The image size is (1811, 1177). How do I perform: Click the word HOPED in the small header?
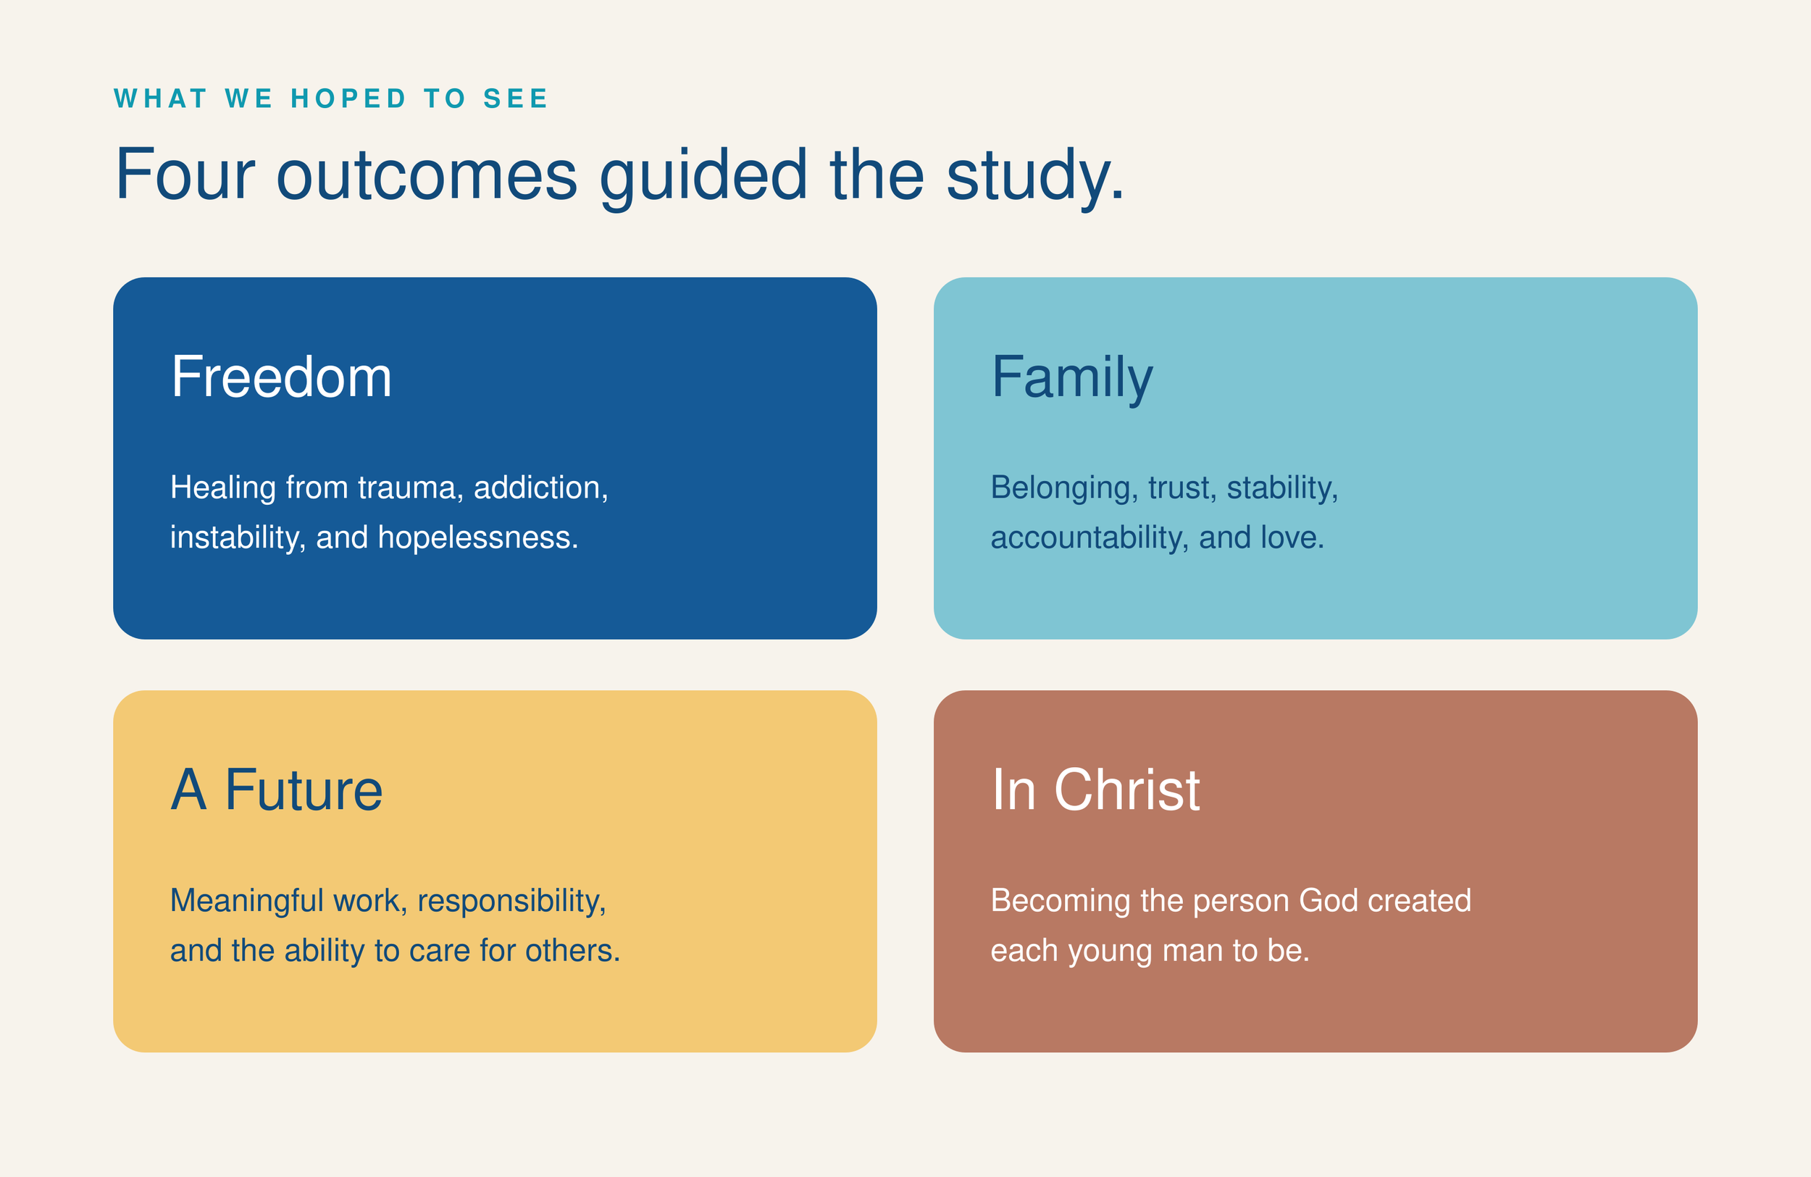pos(348,99)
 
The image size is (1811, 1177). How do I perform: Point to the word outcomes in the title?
pos(426,177)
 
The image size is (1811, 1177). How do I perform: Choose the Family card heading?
pos(1072,379)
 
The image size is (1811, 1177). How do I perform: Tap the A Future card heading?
pos(276,789)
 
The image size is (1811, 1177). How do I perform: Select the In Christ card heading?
pos(1096,789)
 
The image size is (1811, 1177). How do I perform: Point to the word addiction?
pos(541,488)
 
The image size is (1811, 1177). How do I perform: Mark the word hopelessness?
pos(478,538)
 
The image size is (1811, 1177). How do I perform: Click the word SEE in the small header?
pos(515,99)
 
